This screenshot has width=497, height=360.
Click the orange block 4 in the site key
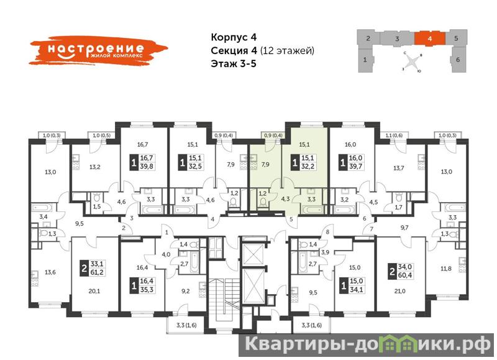point(430,39)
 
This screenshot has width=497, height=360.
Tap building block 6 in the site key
point(458,59)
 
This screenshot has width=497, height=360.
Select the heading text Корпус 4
point(234,37)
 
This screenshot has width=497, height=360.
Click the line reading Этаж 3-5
point(234,64)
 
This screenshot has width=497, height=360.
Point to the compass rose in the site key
point(412,62)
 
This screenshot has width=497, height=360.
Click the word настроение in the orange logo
point(96,49)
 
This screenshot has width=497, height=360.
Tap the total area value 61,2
point(97,272)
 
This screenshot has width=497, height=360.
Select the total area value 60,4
point(405,275)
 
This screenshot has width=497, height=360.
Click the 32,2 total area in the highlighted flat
point(308,166)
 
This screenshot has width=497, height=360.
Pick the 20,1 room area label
point(94,291)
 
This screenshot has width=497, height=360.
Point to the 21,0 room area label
point(399,291)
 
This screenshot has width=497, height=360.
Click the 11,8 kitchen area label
point(446,269)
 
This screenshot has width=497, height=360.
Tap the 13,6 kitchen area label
point(50,272)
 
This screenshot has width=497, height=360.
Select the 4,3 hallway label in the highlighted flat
point(285,199)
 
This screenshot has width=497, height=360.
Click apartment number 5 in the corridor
point(291,219)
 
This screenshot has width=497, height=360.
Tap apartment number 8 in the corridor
point(327,232)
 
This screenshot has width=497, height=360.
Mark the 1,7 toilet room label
point(399,208)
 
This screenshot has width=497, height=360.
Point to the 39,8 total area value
point(147,166)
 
